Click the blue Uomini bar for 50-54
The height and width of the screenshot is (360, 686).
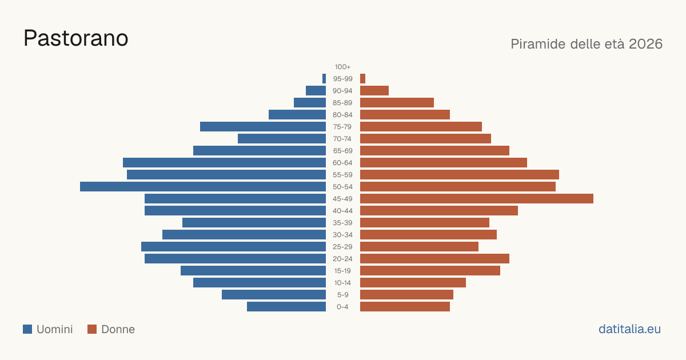tap(203, 187)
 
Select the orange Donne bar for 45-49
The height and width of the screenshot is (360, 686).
tap(477, 199)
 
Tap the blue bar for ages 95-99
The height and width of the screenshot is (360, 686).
tap(324, 79)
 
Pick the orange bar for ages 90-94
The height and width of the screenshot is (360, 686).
tap(374, 91)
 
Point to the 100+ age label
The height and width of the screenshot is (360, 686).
tap(342, 67)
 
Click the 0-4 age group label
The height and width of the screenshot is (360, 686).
tap(342, 307)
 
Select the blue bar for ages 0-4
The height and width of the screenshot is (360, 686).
tap(286, 307)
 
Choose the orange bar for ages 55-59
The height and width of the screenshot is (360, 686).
tap(460, 175)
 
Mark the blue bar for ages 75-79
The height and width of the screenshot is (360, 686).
tap(263, 127)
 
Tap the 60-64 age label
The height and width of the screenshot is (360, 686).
tap(342, 163)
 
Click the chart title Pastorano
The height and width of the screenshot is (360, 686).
tap(75, 38)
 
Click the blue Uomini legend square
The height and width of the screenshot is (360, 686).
tap(27, 329)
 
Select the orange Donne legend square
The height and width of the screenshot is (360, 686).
tap(92, 329)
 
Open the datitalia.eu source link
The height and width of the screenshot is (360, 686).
tap(629, 329)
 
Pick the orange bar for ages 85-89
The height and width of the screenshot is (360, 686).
tap(397, 102)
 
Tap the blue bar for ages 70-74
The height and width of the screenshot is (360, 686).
tap(282, 139)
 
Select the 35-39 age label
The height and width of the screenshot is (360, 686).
tap(342, 223)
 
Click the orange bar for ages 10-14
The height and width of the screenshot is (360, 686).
tap(413, 282)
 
